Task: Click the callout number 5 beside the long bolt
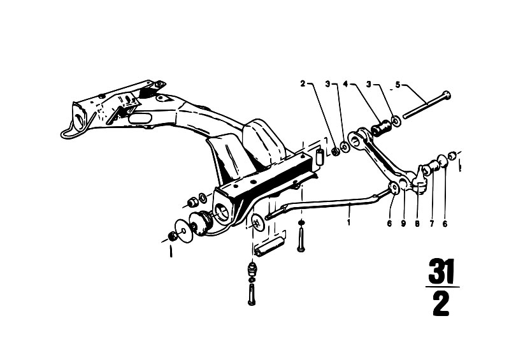(x=398, y=85)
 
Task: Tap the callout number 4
(x=345, y=84)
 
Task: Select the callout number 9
(x=403, y=224)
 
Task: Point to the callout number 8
(x=417, y=224)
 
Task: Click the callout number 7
(x=432, y=224)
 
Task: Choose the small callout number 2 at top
(x=303, y=83)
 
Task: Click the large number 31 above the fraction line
(x=441, y=271)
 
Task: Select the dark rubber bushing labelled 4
(x=381, y=127)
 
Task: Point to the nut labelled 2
(x=335, y=151)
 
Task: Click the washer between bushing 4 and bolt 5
(x=396, y=121)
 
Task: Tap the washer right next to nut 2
(x=345, y=147)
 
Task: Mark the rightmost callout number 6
(x=445, y=224)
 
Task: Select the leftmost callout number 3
(x=328, y=84)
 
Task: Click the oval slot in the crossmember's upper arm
(x=140, y=118)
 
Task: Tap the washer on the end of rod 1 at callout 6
(x=394, y=187)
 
